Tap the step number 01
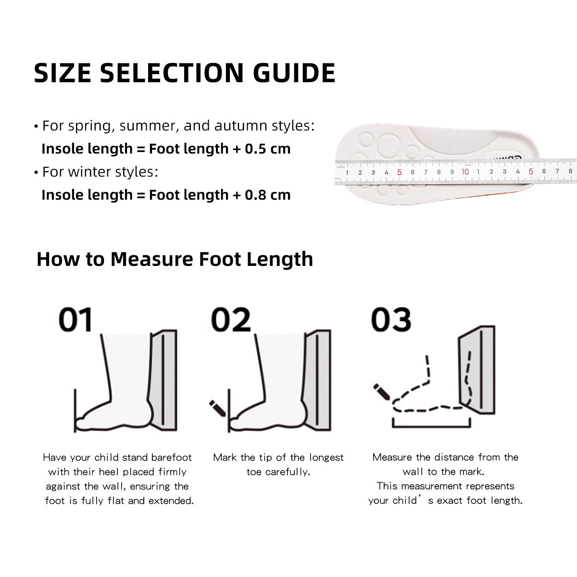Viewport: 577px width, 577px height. click(x=75, y=320)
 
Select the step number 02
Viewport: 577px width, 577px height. click(x=231, y=320)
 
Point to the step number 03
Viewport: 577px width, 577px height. click(x=391, y=320)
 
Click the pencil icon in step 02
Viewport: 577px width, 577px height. click(x=217, y=408)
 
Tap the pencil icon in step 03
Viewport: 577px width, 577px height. click(x=382, y=390)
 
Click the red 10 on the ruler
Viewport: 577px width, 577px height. click(x=465, y=172)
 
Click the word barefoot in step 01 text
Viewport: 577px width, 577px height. click(x=172, y=457)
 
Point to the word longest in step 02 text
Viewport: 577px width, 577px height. click(x=326, y=457)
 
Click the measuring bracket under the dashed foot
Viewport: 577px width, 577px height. click(x=431, y=426)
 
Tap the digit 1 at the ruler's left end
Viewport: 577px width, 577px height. click(x=347, y=173)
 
